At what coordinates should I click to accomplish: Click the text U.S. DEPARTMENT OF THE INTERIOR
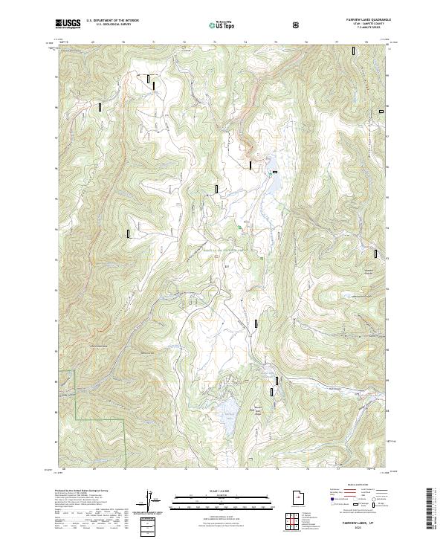tap(111, 22)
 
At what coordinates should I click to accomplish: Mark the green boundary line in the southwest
tap(78, 401)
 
